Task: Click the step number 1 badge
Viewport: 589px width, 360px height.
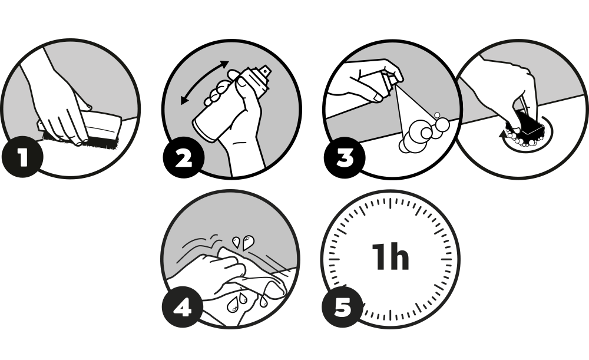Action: point(22,157)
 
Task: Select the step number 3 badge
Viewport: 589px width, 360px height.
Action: point(345,158)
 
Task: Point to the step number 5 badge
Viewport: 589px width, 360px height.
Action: point(343,308)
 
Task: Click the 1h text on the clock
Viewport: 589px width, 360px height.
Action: point(391,257)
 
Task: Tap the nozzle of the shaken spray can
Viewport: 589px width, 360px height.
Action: point(264,70)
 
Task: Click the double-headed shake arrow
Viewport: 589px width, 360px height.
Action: point(203,81)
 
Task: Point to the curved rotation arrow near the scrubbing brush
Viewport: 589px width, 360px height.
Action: point(526,140)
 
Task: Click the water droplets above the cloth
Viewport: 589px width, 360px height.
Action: point(243,242)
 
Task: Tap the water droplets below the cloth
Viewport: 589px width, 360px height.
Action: point(244,302)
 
